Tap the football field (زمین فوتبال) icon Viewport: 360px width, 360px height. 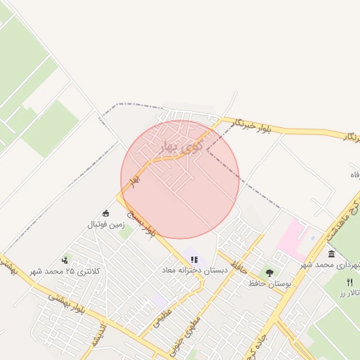click(106, 214)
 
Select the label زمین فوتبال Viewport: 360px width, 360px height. click(105, 225)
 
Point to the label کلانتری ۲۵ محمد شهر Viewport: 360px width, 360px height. click(65, 271)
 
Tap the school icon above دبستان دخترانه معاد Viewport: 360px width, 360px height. click(194, 259)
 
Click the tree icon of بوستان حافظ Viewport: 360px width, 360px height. click(269, 272)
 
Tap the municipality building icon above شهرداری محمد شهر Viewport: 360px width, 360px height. click(331, 253)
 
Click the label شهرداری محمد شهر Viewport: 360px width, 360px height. click(330, 264)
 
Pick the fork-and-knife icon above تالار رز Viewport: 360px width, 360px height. click(350, 281)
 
